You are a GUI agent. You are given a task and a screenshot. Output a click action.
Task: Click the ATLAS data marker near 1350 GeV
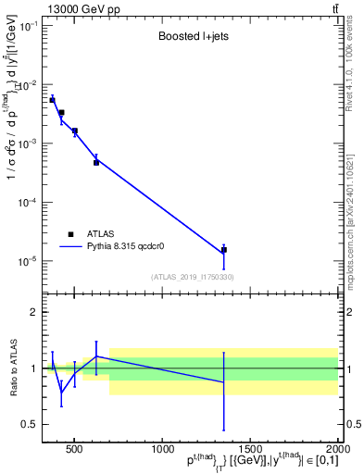coord(223,250)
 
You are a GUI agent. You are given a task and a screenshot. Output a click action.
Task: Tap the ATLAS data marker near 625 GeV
coord(96,162)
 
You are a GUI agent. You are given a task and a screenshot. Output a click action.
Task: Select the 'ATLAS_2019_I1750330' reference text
coord(193,277)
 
